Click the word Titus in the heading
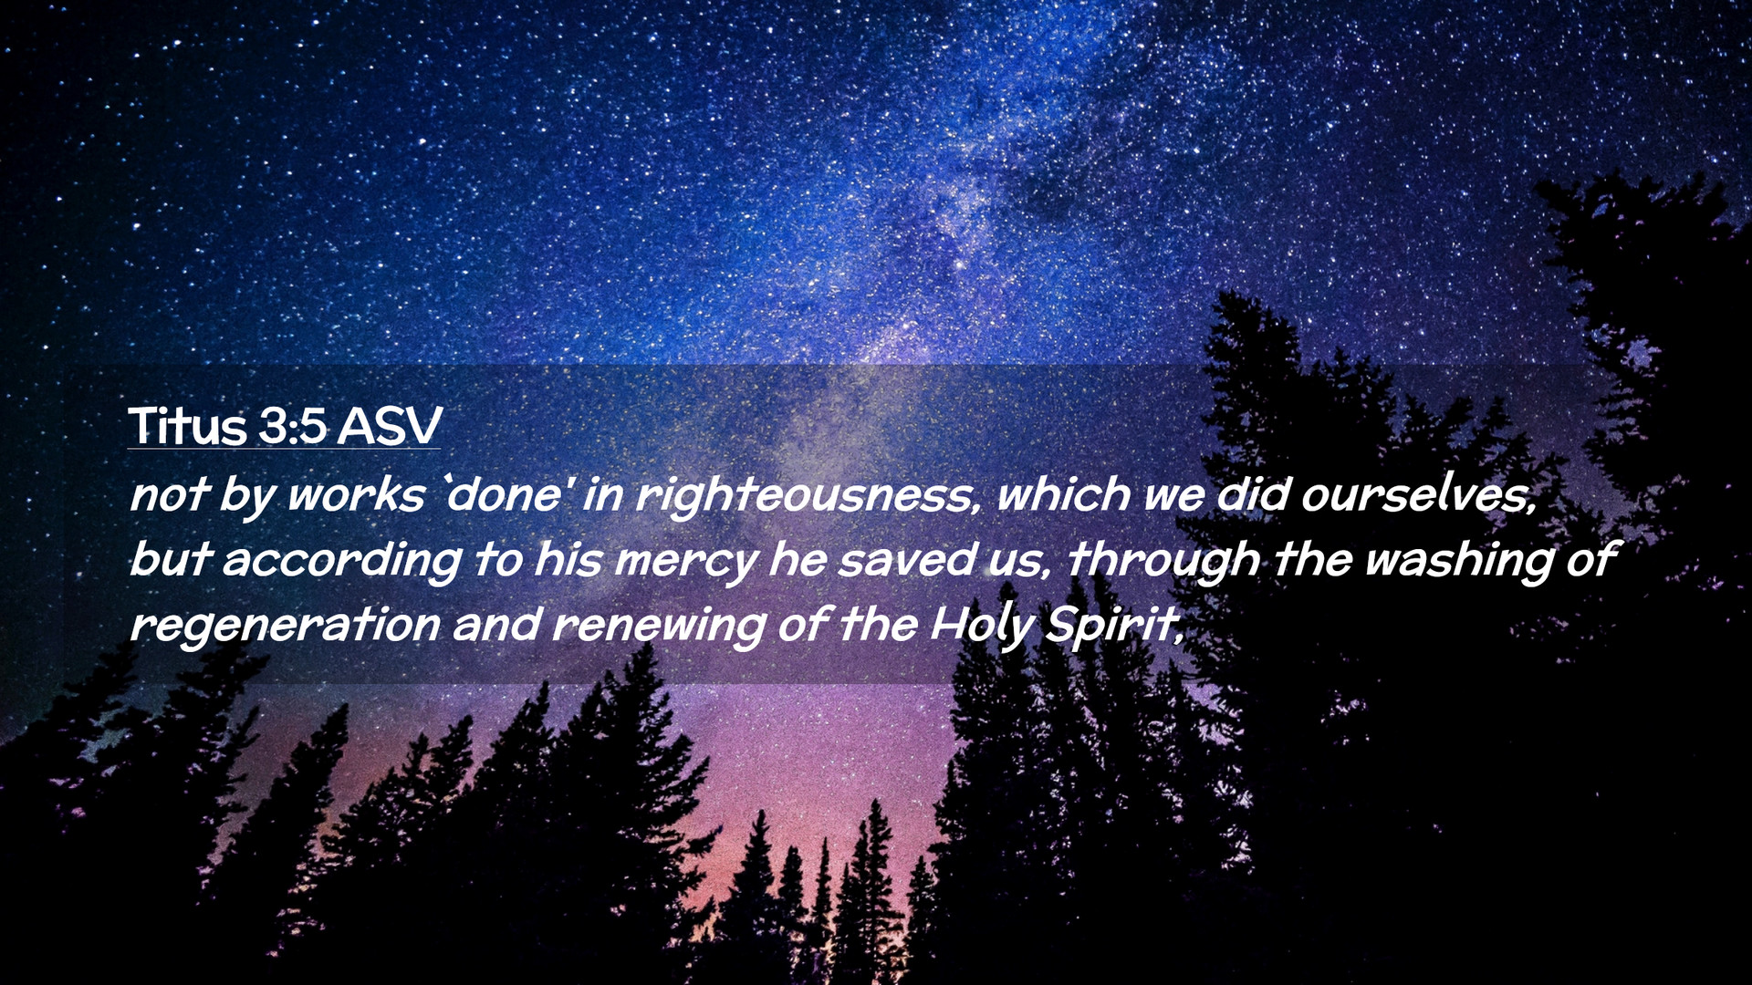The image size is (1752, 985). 187,425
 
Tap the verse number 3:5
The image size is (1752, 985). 292,426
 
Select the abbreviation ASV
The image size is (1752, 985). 390,426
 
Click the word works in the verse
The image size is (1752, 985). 356,495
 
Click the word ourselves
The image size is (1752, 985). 1419,495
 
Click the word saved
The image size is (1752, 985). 907,560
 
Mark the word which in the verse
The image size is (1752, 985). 1064,494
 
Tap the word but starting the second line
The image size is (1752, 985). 172,560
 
